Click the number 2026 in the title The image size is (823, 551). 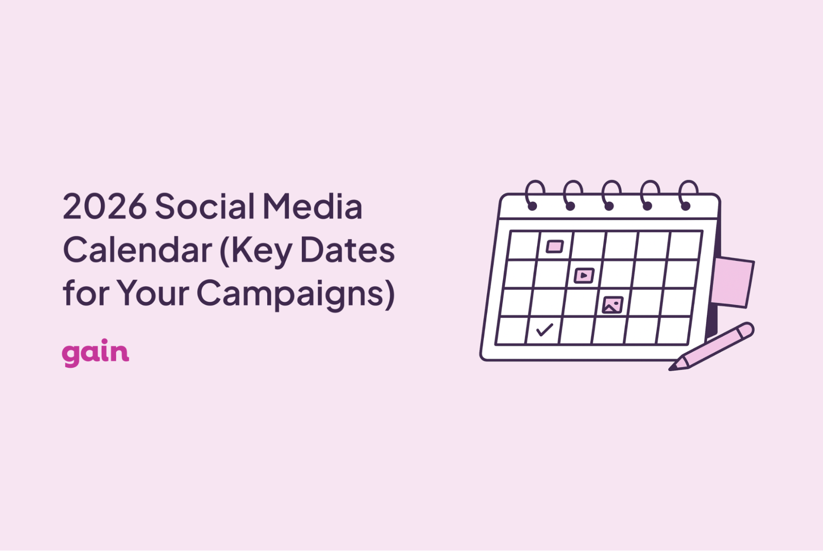105,206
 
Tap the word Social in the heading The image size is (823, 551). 205,206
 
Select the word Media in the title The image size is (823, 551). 312,206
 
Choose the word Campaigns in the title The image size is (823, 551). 296,293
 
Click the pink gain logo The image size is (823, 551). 96,353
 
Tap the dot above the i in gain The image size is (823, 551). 105,341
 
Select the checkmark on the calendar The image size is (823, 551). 545,329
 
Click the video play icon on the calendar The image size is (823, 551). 584,275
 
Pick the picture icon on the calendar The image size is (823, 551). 612,305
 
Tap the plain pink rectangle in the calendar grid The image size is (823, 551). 555,247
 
